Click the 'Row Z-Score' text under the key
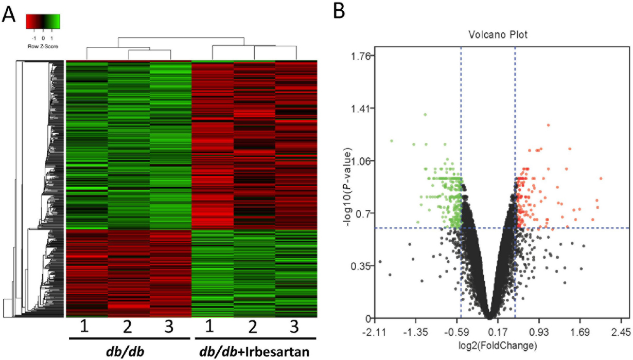point(43,46)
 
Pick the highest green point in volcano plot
point(425,114)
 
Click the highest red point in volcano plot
point(549,125)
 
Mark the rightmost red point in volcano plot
point(601,178)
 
